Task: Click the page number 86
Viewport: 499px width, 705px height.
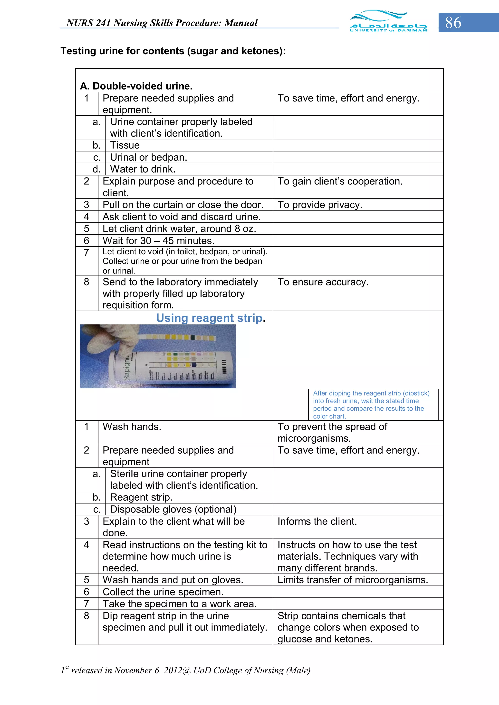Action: coord(453,23)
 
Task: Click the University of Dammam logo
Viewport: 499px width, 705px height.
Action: coord(388,21)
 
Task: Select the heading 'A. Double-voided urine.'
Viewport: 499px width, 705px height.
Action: coord(136,86)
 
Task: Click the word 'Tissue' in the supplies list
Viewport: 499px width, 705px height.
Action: coord(125,145)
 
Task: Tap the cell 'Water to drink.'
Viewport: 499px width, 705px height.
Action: coord(143,169)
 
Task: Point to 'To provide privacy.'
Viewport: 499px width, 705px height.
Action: coord(320,205)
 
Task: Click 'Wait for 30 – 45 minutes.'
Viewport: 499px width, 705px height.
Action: coord(158,241)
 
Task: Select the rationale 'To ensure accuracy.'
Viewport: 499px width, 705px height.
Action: coord(323,282)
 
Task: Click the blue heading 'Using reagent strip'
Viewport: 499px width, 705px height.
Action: coord(209,318)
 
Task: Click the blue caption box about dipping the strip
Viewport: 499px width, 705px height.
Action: coord(373,404)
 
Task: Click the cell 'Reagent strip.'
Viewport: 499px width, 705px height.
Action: coord(141,497)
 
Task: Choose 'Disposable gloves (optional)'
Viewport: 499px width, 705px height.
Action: coord(173,509)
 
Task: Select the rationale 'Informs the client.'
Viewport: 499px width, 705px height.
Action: coord(317,521)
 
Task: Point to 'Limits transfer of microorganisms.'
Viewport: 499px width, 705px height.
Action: coord(353,580)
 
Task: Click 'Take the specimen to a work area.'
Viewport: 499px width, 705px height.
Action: coord(180,604)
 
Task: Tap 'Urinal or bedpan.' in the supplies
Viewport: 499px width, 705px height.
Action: coord(148,157)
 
